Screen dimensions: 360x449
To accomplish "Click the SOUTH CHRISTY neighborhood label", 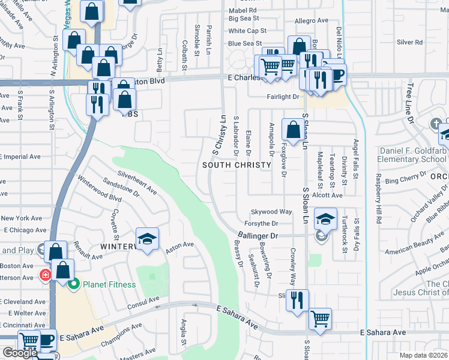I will coord(233,164).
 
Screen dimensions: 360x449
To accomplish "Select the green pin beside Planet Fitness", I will coord(74,284).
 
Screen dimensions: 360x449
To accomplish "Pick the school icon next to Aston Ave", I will coord(147,239).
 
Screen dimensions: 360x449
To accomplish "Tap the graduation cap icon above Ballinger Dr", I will coord(325,220).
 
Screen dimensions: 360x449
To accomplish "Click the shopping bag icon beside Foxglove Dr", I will coord(292,130).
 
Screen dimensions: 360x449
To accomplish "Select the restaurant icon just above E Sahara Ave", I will coord(297,301).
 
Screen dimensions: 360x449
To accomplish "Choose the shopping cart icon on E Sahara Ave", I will coord(320,319).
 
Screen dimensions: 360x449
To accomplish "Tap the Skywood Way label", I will coord(271,212).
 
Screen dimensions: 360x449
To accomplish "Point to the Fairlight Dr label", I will coord(283,97).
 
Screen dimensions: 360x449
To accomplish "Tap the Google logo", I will coord(19,353).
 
